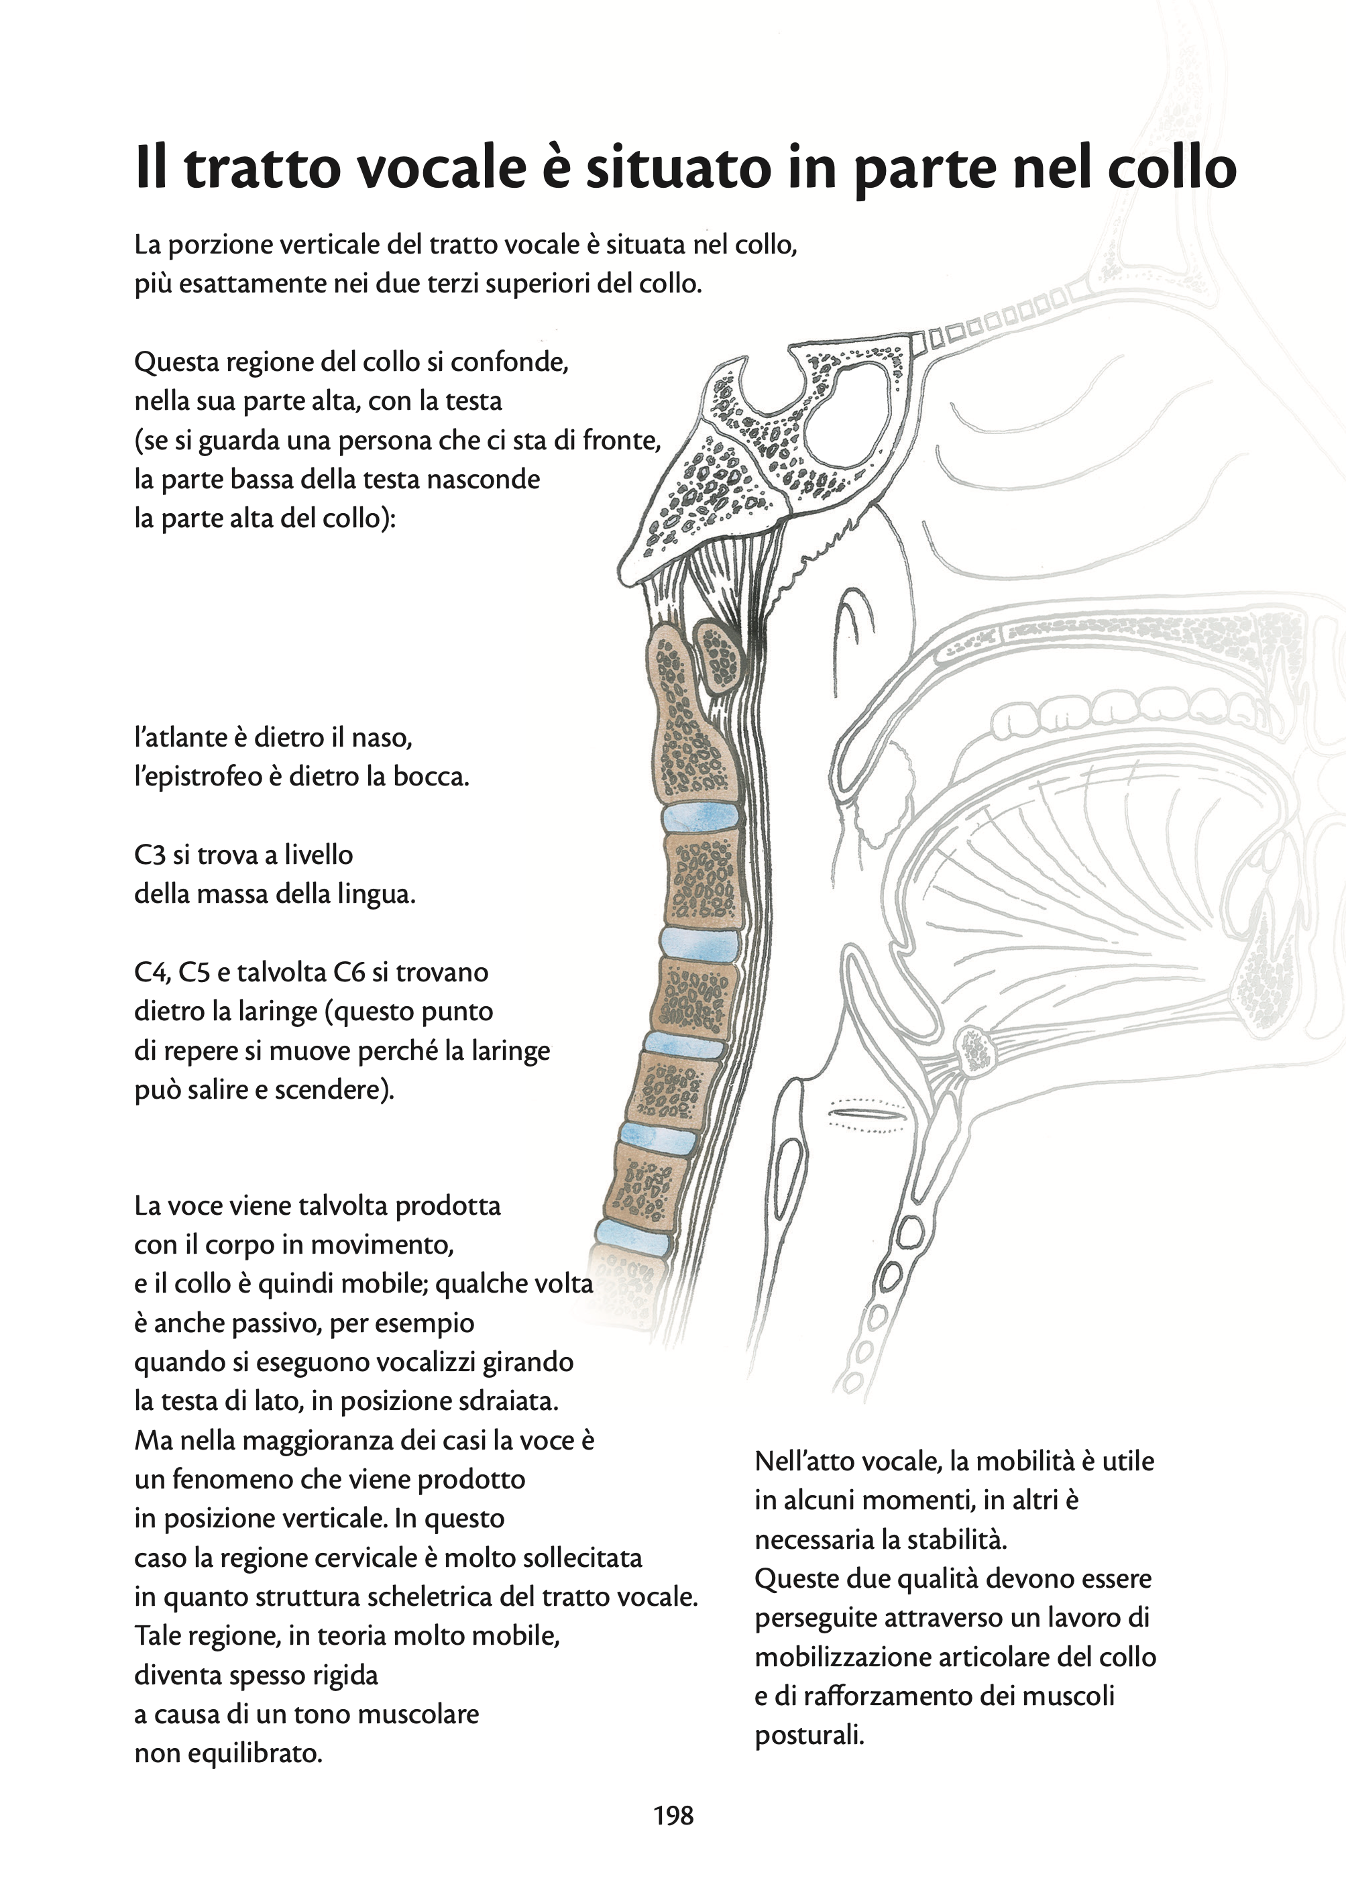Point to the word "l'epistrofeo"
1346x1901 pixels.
[x=197, y=777]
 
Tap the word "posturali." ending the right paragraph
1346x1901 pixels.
[x=809, y=1735]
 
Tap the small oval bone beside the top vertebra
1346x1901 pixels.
[x=718, y=657]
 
